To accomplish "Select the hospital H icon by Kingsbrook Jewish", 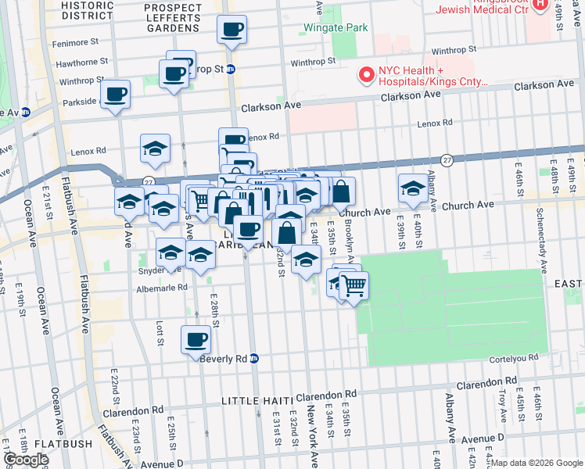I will tap(539, 5).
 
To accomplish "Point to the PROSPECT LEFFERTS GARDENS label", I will tap(172, 17).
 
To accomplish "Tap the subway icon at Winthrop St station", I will tap(231, 69).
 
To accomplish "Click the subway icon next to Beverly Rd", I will tap(254, 358).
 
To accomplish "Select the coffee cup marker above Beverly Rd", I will tap(196, 339).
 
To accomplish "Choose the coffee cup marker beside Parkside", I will tap(116, 95).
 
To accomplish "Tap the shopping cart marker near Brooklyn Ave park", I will tap(354, 286).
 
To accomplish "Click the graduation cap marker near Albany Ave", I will tap(413, 188).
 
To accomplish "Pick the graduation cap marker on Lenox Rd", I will tap(156, 148).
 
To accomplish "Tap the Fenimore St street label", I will tap(76, 41).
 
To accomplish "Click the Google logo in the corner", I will tap(26, 460).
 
